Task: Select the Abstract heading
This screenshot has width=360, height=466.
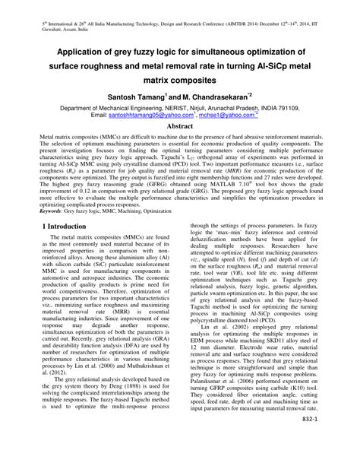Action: point(180,125)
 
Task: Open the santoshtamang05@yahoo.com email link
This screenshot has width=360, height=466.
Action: point(144,116)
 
